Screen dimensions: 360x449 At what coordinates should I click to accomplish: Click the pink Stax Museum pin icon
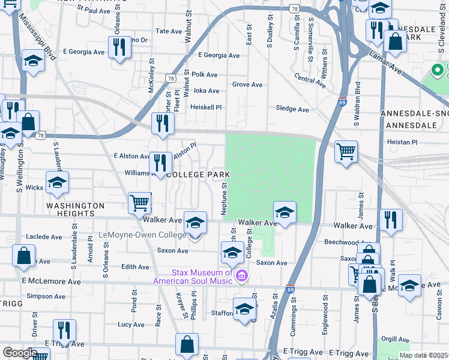(x=241, y=276)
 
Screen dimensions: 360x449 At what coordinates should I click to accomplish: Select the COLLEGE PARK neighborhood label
(x=197, y=175)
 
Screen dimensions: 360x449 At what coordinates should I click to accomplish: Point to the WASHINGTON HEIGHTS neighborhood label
(x=71, y=209)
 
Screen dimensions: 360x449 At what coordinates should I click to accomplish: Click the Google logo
(x=19, y=352)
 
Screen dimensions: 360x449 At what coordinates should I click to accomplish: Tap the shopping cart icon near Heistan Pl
(x=346, y=152)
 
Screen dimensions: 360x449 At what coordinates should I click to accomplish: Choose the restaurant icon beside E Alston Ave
(x=160, y=162)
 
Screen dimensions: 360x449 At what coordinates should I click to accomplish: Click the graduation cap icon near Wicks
(x=57, y=182)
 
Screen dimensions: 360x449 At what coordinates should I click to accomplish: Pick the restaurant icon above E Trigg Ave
(x=64, y=330)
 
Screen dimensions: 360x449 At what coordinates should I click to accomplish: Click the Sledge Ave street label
(x=292, y=109)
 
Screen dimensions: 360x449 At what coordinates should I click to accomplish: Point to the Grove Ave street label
(x=247, y=85)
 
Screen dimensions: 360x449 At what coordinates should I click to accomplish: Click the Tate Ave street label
(x=168, y=31)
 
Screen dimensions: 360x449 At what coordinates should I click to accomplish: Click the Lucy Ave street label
(x=131, y=325)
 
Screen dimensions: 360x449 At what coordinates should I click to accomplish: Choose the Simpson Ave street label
(x=46, y=296)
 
